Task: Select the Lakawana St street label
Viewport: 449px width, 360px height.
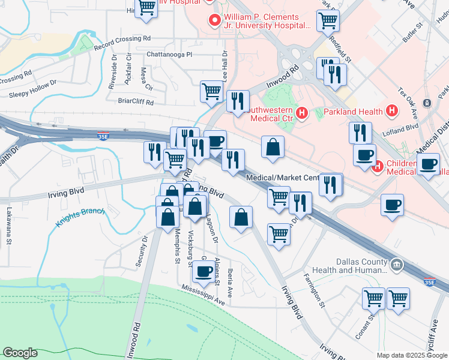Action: pos(9,221)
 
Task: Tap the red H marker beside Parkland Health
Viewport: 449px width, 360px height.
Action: pos(392,111)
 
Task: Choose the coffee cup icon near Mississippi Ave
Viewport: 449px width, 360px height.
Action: pos(202,272)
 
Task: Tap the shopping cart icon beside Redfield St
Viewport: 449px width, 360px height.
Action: pos(328,20)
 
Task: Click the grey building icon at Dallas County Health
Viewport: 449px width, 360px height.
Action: pos(396,265)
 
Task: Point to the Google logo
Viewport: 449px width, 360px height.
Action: pos(20,353)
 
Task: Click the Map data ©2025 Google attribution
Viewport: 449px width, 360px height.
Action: pos(412,355)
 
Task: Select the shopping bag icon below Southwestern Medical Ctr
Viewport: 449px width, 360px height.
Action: pos(273,147)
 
